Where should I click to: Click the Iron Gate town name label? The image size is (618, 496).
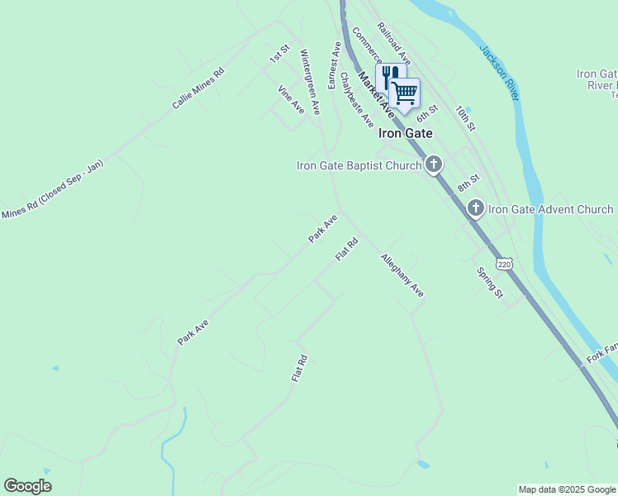pos(406,132)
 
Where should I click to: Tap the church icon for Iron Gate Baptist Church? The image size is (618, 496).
pos(434,165)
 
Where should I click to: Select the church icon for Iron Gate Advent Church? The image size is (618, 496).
pos(475,208)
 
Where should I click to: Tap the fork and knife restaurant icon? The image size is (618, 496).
pos(389,77)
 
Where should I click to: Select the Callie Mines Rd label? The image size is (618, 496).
pos(198,89)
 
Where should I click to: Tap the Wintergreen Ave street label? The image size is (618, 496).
pos(309,81)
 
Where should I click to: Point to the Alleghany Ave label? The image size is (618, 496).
pos(402,275)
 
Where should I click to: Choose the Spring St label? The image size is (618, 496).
pos(490,282)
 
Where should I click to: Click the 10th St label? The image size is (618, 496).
pos(466,118)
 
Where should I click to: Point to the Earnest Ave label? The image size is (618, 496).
pos(335,65)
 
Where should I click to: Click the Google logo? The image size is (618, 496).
pos(27,486)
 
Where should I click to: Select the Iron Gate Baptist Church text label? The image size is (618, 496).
pos(359,165)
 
